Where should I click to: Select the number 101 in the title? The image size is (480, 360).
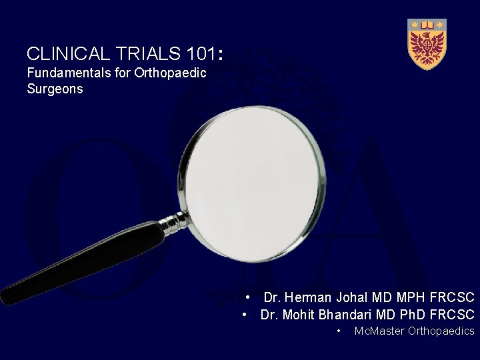(x=198, y=53)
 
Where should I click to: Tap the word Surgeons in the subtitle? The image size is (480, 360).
(x=55, y=89)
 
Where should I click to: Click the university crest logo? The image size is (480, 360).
(x=427, y=43)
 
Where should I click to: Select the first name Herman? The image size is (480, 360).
(x=307, y=297)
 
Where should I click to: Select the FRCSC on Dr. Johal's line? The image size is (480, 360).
(x=452, y=297)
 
